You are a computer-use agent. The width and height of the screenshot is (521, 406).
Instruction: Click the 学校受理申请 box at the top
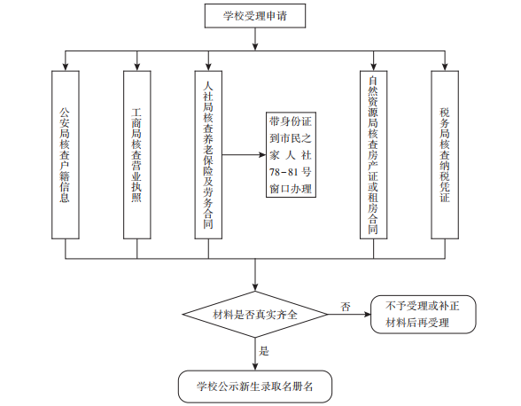tap(255, 16)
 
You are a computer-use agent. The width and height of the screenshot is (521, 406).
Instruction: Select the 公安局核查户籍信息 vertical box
tap(66, 154)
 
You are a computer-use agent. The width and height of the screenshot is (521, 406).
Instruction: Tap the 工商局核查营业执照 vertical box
tap(136, 154)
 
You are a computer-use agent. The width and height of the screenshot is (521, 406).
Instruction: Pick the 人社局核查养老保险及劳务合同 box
tap(208, 154)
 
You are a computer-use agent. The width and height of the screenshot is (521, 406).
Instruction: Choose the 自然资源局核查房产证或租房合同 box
tap(374, 154)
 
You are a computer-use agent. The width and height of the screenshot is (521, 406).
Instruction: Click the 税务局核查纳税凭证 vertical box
tap(445, 154)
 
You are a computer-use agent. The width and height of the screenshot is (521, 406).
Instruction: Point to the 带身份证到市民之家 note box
tap(291, 154)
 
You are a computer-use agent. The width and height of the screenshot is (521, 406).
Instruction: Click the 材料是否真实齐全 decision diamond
tap(255, 314)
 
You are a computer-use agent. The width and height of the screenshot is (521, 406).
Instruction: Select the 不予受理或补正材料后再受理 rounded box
tap(424, 314)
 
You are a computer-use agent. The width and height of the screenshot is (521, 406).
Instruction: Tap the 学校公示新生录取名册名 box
tap(255, 386)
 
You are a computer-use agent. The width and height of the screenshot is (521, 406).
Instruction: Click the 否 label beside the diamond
tap(346, 307)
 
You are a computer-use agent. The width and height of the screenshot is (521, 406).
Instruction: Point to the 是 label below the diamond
tap(264, 351)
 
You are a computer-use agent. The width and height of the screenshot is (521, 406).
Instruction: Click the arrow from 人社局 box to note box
tap(244, 154)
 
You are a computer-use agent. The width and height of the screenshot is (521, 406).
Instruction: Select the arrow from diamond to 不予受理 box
tap(349, 314)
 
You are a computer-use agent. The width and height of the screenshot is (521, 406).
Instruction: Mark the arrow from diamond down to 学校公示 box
tap(255, 354)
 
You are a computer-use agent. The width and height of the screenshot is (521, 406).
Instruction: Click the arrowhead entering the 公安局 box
tap(66, 66)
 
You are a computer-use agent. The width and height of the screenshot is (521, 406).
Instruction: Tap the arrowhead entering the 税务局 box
tap(445, 66)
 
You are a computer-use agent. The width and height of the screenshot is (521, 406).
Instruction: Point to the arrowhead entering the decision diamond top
tap(255, 287)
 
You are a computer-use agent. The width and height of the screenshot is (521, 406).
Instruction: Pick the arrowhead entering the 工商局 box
tap(136, 66)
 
